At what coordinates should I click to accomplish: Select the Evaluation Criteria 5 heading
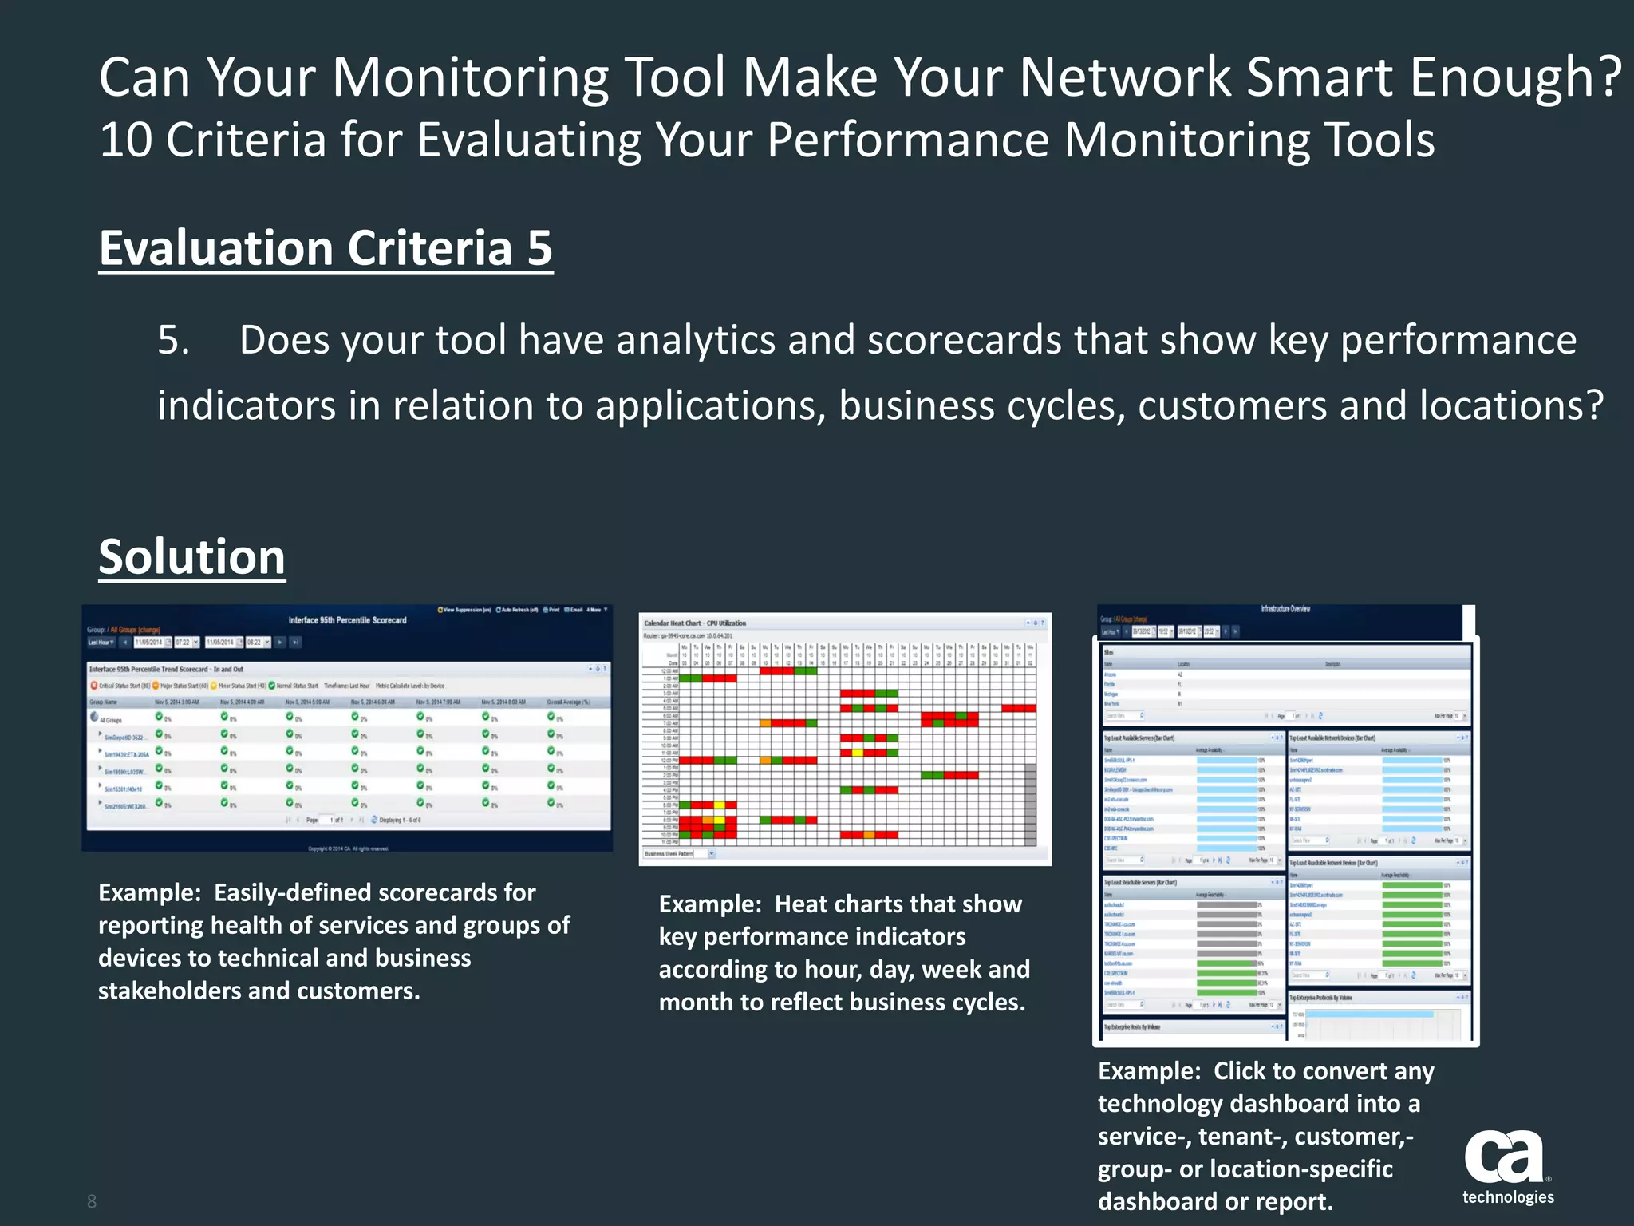(326, 248)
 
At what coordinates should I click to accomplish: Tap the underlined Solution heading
(191, 556)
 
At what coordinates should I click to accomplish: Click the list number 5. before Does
(173, 341)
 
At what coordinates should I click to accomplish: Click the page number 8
(92, 1201)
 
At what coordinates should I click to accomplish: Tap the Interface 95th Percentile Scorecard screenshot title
(347, 620)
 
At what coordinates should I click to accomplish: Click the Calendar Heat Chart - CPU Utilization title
(695, 623)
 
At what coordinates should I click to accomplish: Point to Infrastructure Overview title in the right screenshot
(1285, 609)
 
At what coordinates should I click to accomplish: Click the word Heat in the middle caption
(802, 904)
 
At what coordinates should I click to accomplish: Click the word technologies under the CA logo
(1508, 1197)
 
